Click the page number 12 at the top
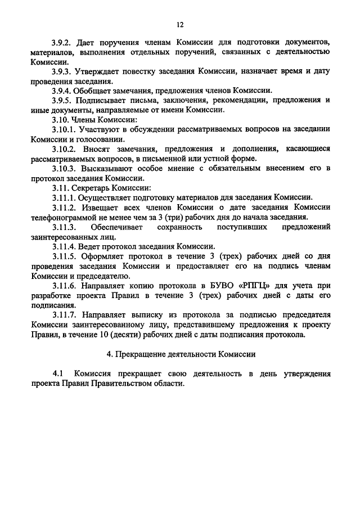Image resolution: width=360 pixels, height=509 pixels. point(179,25)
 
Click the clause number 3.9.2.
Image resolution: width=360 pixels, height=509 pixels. point(61,43)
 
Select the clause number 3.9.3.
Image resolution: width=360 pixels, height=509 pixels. point(61,72)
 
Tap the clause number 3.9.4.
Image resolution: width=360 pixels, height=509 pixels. point(61,91)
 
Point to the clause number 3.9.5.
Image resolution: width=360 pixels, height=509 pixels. point(61,101)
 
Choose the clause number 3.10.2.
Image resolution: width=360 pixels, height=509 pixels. point(64,149)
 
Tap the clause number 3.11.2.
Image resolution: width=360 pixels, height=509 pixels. point(64,207)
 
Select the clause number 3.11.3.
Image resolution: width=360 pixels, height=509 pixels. point(64,227)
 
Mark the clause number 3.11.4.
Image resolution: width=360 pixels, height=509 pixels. point(63,246)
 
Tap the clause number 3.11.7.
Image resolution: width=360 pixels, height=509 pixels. point(64,314)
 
